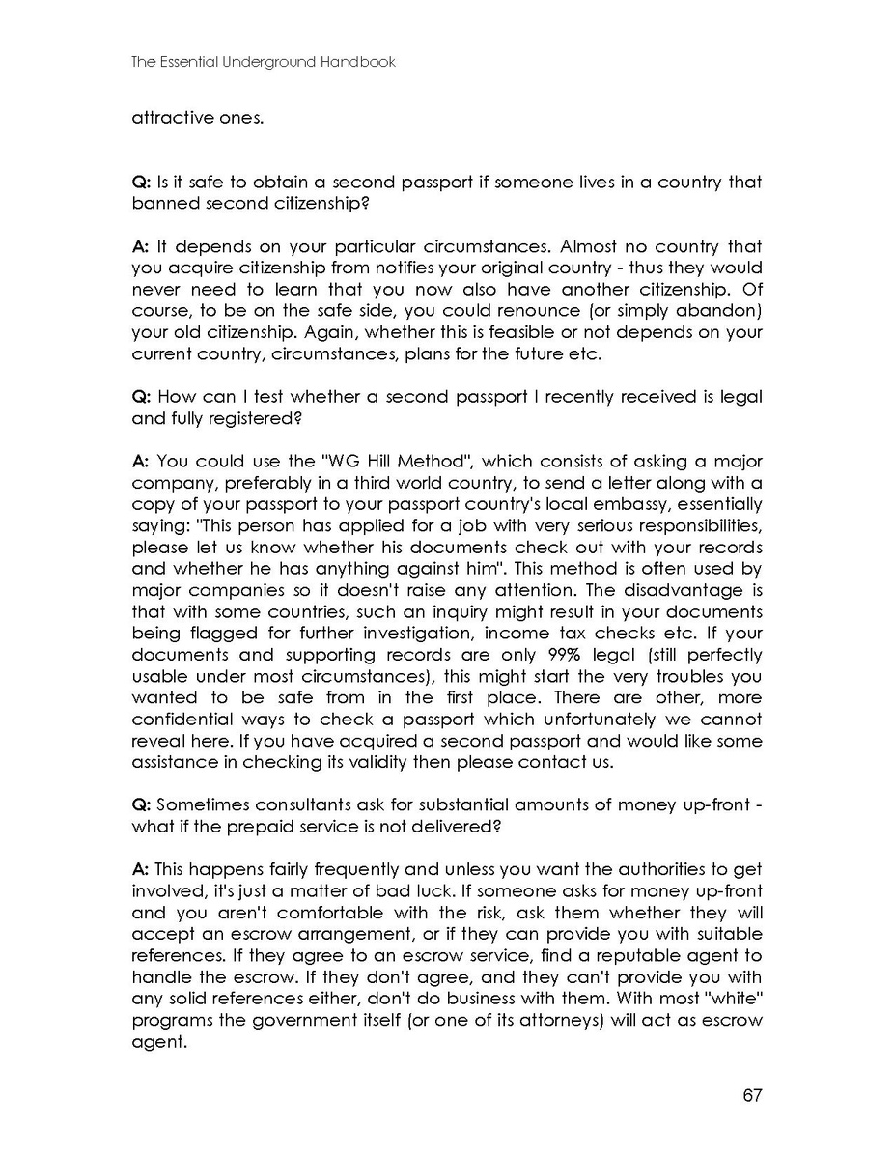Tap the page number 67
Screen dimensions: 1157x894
coord(753,1095)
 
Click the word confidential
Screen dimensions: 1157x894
coord(181,720)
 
